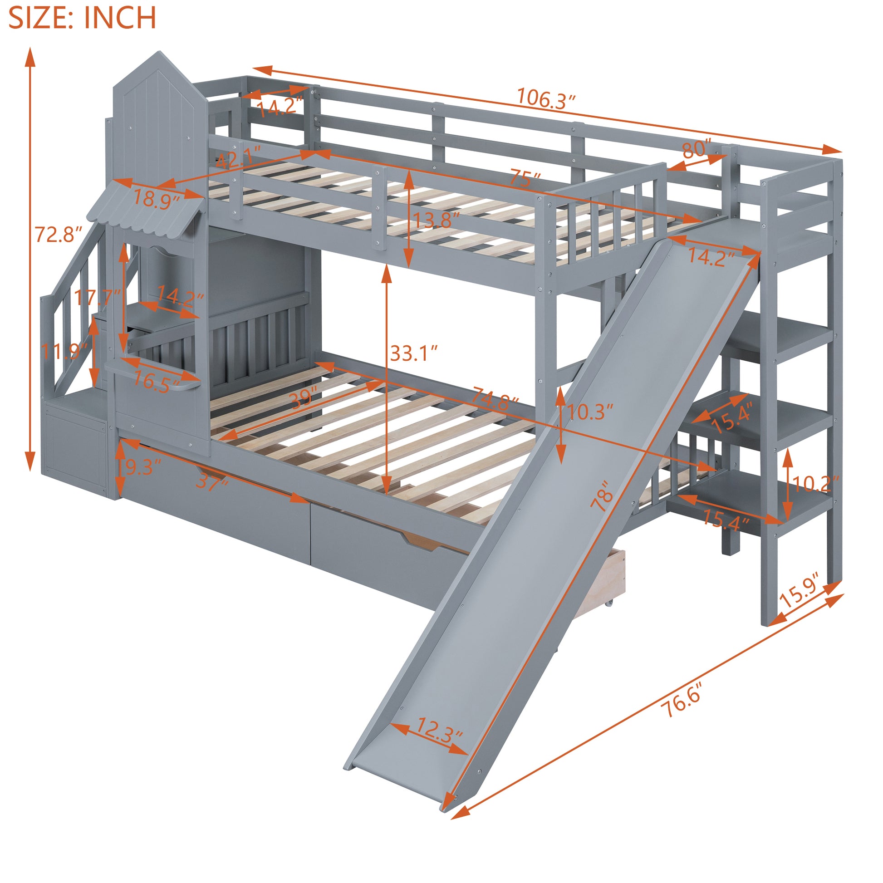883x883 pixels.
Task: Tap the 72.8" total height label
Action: coord(59,234)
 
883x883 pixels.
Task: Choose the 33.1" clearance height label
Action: coord(414,353)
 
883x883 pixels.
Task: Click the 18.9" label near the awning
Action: coord(156,199)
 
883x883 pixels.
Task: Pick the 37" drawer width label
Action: coord(211,481)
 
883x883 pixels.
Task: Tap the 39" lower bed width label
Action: coord(304,398)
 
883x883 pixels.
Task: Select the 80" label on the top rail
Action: coord(697,149)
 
